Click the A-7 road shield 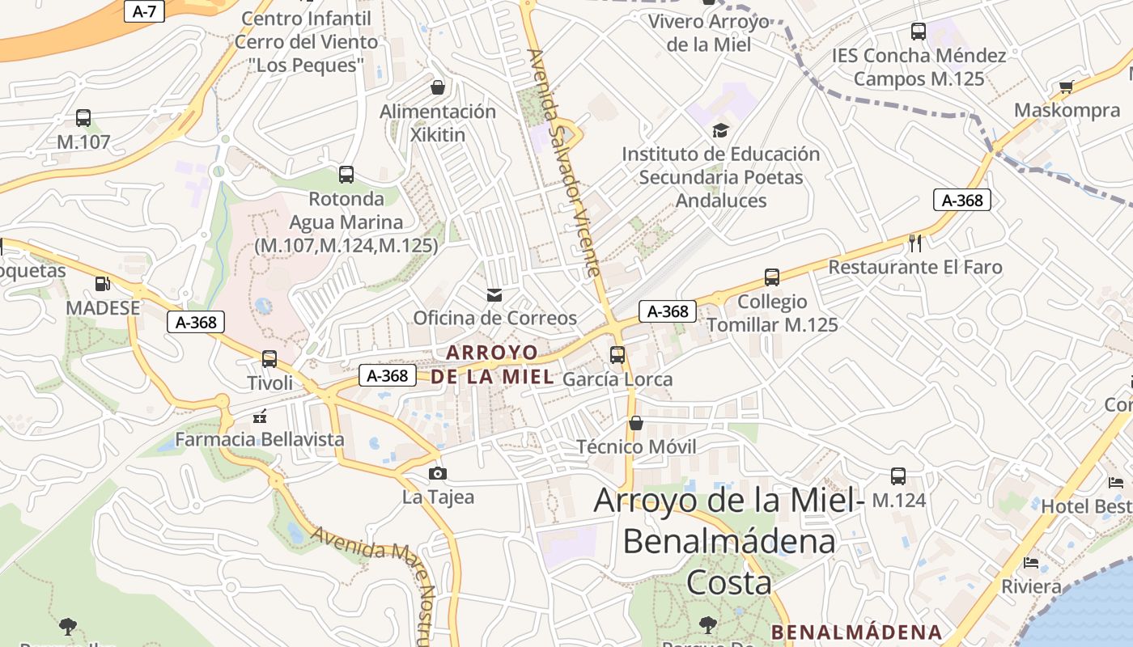tap(144, 11)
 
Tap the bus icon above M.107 tap(83, 118)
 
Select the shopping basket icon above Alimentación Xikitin tap(438, 87)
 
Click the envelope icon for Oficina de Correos tap(494, 295)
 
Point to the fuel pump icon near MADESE tap(103, 284)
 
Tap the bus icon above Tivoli tap(269, 358)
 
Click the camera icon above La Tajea tap(438, 473)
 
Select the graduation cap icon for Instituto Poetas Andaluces tap(720, 130)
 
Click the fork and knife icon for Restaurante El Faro tap(915, 243)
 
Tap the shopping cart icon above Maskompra tap(1067, 87)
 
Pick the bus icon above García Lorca tap(617, 355)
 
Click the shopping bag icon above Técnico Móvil tap(636, 423)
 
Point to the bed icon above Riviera tap(1031, 563)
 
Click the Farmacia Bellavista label tap(260, 439)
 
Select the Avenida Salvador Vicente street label tap(564, 162)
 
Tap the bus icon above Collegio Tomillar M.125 tap(772, 277)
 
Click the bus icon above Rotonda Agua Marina tap(346, 174)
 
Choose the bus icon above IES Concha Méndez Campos tap(919, 32)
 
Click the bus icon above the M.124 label tap(898, 476)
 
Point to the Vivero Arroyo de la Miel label tap(709, 32)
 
